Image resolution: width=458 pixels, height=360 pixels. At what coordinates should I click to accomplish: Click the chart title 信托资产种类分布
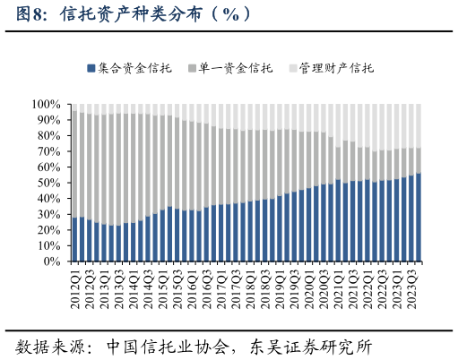pos(143,14)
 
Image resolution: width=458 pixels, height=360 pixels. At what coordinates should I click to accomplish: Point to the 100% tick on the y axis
pos(45,105)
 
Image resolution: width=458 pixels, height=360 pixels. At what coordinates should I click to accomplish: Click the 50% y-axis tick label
pos(48,184)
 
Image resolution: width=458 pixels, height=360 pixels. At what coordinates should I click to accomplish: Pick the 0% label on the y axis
pos(51,262)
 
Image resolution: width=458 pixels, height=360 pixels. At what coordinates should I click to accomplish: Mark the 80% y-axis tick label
pos(48,136)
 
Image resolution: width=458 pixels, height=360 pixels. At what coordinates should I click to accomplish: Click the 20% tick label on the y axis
pos(48,231)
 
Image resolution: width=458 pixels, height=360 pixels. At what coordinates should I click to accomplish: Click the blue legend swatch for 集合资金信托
pos(91,68)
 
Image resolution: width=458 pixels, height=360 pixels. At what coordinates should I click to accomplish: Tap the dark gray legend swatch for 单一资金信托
pos(192,68)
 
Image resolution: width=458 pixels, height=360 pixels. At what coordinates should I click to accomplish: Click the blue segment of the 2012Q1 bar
pos(74,239)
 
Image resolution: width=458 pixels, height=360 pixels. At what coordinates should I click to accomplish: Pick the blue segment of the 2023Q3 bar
pos(411,219)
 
